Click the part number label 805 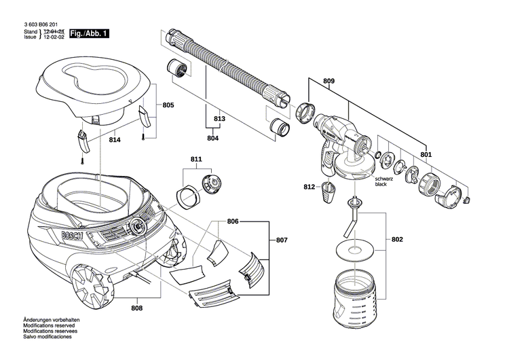pos(168,105)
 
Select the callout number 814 pos(115,140)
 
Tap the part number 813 pos(219,119)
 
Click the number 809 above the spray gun pos(328,82)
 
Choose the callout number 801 pos(426,154)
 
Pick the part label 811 pos(196,160)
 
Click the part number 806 pos(233,221)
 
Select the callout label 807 pos(281,240)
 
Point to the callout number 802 pos(397,240)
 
